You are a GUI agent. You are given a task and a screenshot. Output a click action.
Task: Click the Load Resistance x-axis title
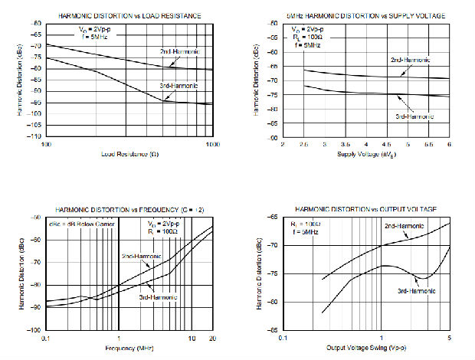coord(129,155)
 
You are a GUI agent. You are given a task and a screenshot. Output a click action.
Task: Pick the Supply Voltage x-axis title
coord(365,155)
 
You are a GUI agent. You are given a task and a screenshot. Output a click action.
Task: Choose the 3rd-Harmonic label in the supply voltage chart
coord(414,116)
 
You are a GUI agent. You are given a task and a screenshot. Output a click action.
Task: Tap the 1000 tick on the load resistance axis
coord(211,144)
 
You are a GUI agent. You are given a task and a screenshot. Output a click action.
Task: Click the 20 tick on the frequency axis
coord(211,337)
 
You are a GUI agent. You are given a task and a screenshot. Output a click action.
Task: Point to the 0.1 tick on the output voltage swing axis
coord(283,337)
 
